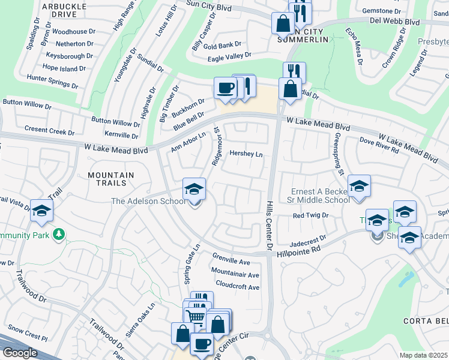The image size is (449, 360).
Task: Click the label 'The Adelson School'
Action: click(x=148, y=201)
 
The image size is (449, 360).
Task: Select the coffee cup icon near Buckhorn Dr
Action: click(x=225, y=88)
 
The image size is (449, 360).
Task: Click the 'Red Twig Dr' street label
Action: click(x=310, y=215)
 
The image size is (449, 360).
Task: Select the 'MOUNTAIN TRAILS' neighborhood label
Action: click(x=110, y=179)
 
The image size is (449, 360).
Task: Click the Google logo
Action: click(x=20, y=353)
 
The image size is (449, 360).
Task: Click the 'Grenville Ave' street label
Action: click(x=231, y=262)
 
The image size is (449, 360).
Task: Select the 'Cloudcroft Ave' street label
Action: click(x=237, y=287)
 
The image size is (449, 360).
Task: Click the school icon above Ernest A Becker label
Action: click(x=359, y=187)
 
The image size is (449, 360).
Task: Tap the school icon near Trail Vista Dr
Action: click(x=42, y=210)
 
